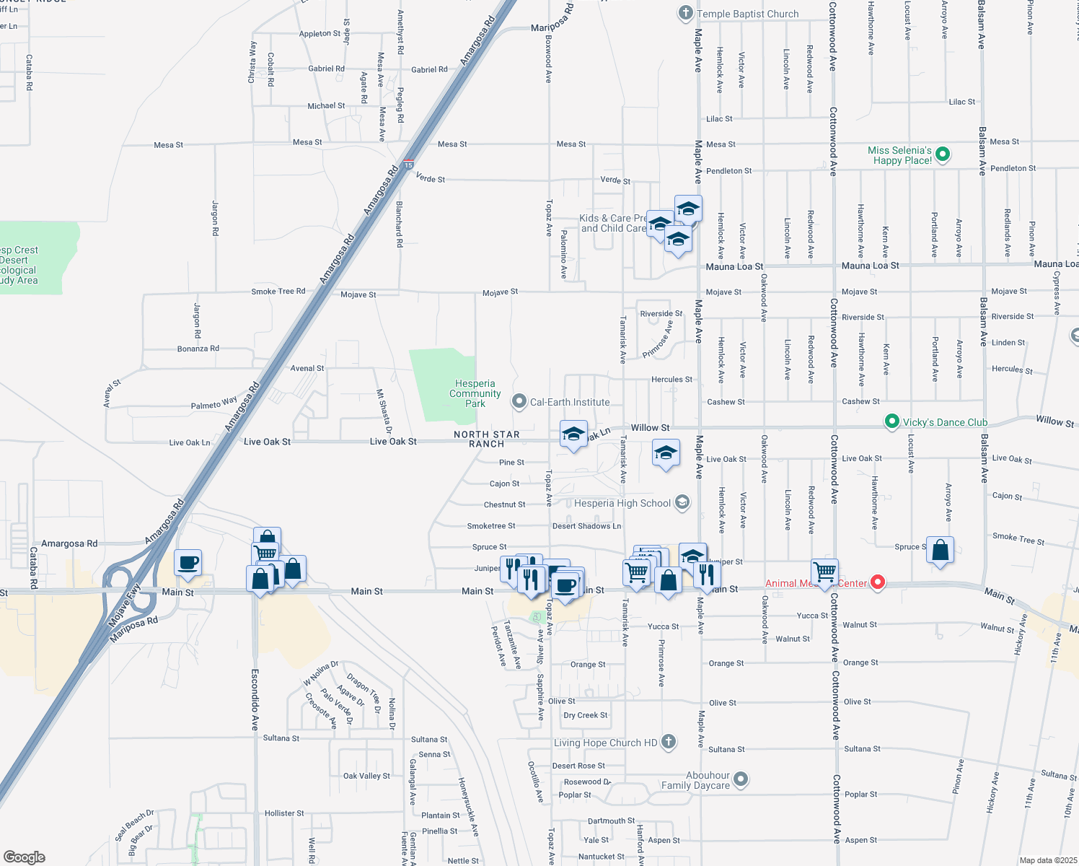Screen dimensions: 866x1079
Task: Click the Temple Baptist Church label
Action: click(747, 14)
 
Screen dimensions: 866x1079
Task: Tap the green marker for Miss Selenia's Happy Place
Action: click(943, 154)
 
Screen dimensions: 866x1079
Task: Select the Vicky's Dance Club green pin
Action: click(892, 421)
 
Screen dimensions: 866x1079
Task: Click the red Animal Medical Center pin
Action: click(878, 582)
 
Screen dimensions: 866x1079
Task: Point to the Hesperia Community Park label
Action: click(475, 393)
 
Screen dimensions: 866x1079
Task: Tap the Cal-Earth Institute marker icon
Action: click(519, 401)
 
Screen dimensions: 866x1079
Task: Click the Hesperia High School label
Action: click(622, 503)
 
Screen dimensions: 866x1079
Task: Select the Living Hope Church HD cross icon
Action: click(669, 741)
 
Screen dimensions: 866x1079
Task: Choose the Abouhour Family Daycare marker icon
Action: click(741, 779)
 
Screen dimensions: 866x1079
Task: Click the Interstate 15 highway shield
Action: click(408, 165)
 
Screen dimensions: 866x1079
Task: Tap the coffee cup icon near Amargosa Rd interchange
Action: click(188, 562)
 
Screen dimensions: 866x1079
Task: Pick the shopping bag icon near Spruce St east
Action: click(940, 550)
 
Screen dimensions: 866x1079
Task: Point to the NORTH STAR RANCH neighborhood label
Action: click(487, 439)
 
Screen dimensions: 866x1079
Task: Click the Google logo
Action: click(25, 857)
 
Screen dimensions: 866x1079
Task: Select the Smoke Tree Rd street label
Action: click(278, 292)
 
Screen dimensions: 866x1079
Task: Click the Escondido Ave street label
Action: click(255, 699)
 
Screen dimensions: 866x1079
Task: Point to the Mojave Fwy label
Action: click(124, 605)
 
